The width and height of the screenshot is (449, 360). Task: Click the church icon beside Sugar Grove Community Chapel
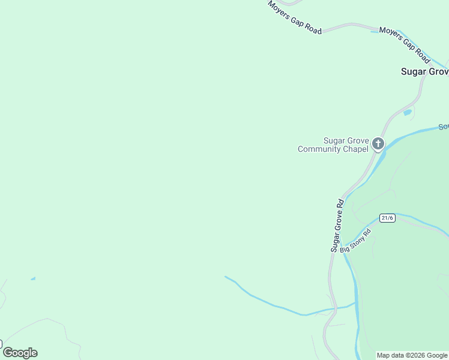378,143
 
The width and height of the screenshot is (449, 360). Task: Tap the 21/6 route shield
387,218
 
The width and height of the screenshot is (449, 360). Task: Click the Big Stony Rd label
356,240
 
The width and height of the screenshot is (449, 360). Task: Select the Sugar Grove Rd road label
339,225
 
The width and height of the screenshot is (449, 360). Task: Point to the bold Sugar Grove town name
424,71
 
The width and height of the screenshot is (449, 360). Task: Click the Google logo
20,353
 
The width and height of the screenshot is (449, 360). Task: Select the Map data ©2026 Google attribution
412,355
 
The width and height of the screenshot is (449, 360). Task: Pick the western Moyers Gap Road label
295,17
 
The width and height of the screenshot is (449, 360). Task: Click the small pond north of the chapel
408,112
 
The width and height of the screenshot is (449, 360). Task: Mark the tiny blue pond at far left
33,278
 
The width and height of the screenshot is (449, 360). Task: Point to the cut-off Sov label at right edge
443,127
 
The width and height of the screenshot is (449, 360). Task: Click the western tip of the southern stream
226,277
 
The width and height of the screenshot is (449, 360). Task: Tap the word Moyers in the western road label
279,10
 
